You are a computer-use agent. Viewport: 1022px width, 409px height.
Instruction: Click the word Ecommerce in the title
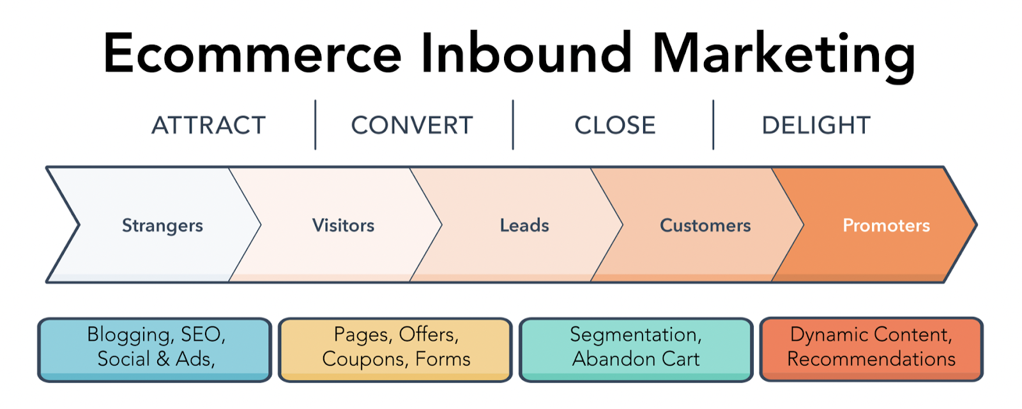tap(252, 54)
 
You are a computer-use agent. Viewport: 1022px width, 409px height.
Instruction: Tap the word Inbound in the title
tap(526, 54)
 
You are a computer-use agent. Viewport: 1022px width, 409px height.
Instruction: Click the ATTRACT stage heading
tap(208, 125)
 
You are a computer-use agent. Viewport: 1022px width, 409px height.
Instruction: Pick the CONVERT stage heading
tap(412, 125)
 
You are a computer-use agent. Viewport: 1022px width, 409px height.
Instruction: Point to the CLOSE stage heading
tap(614, 125)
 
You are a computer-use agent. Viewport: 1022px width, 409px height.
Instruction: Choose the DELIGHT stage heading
tap(816, 125)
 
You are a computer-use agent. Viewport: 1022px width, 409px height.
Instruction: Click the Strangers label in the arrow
tap(162, 226)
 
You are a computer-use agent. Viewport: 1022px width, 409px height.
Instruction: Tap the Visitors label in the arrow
tap(343, 226)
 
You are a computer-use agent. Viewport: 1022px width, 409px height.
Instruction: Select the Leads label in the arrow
tap(524, 226)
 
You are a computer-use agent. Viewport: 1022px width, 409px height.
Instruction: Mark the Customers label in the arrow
tap(705, 226)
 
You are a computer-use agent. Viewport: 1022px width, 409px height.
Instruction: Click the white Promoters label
tap(886, 226)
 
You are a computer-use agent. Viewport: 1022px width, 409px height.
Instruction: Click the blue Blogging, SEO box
tap(155, 349)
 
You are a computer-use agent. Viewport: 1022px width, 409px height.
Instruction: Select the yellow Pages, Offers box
tap(395, 349)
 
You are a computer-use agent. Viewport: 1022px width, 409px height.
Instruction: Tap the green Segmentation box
tap(636, 349)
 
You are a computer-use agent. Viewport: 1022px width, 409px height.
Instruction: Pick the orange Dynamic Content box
tap(871, 349)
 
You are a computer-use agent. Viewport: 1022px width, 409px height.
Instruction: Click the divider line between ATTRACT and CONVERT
tap(316, 125)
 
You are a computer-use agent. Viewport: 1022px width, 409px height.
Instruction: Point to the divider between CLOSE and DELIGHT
tap(713, 125)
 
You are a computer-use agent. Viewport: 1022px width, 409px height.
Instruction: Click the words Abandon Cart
tap(636, 359)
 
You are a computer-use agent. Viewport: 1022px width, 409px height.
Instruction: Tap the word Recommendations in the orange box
tap(871, 359)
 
